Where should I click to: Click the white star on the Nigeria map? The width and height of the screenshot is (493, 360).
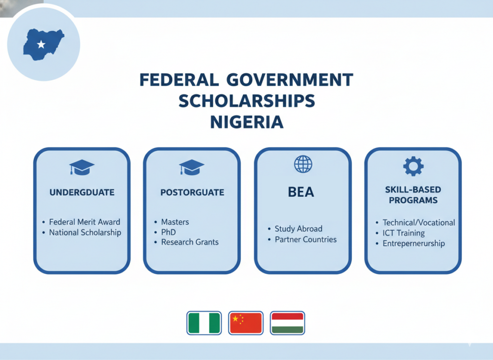click(x=41, y=45)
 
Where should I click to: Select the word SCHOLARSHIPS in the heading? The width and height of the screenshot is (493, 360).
click(x=246, y=101)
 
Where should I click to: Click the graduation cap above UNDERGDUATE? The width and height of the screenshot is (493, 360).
click(x=81, y=167)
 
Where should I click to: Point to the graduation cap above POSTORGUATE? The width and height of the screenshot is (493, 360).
click(x=192, y=167)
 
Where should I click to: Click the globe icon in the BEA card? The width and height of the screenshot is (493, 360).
click(x=302, y=164)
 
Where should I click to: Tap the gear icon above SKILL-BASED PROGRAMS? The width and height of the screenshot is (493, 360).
click(x=413, y=166)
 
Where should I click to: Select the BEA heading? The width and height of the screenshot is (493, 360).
click(x=301, y=192)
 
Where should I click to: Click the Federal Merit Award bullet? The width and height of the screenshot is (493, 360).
click(x=84, y=222)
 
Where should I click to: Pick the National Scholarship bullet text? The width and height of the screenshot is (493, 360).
click(x=85, y=232)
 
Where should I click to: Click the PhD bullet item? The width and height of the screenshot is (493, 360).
click(x=168, y=232)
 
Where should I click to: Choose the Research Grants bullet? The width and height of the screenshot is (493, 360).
click(x=189, y=242)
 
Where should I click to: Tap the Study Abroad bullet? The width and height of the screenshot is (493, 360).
click(x=298, y=228)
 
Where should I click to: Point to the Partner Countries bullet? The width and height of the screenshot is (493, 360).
click(x=305, y=239)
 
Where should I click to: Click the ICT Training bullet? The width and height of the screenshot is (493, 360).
click(x=403, y=233)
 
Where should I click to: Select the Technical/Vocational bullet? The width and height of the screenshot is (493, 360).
click(x=418, y=222)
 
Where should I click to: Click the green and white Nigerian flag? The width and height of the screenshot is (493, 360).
click(x=204, y=323)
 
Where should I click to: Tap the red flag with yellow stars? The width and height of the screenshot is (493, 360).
click(x=246, y=323)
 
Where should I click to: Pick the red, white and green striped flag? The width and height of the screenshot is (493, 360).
click(x=287, y=323)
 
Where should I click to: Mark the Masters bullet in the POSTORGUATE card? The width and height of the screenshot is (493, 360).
click(x=175, y=222)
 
